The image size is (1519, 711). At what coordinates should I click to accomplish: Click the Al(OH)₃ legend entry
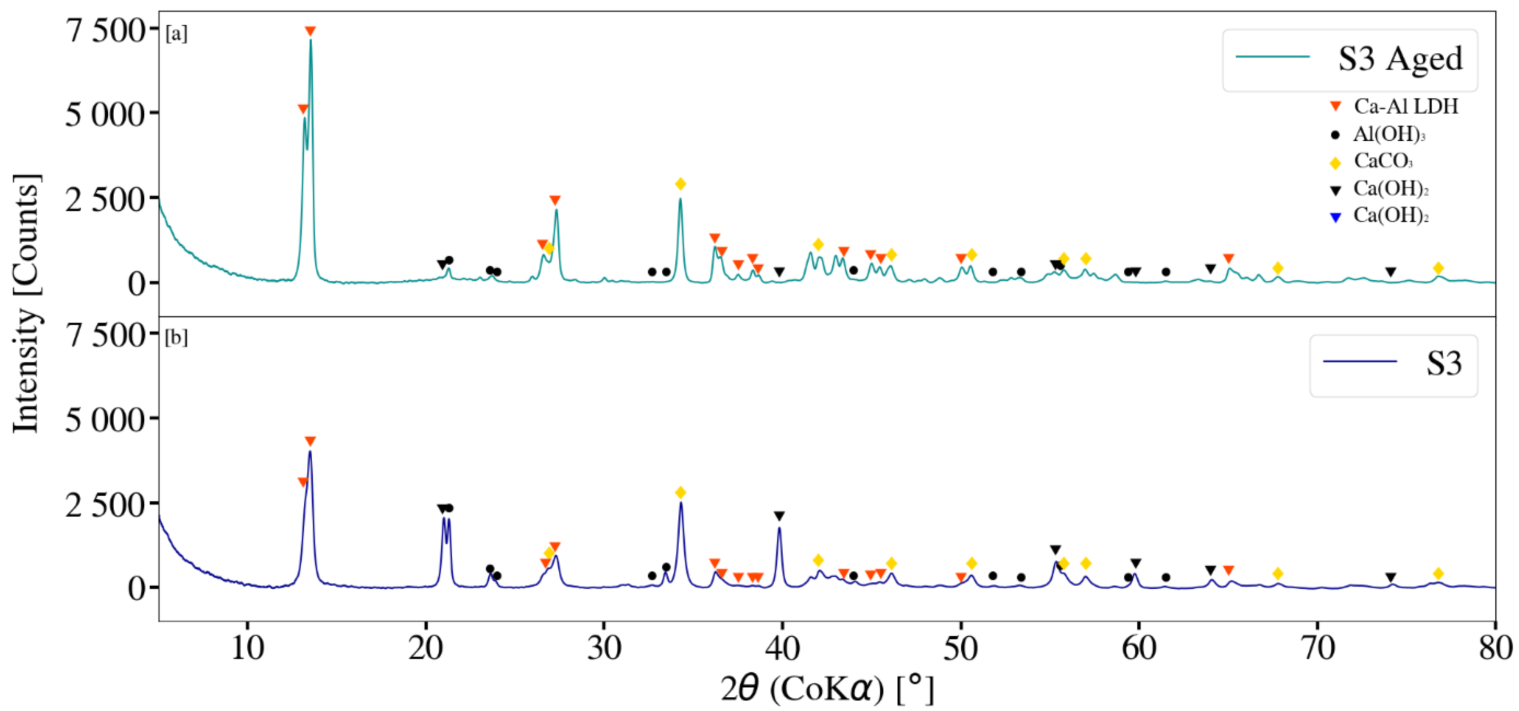coord(1389,135)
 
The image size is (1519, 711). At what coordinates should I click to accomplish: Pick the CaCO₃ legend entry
coord(1383,160)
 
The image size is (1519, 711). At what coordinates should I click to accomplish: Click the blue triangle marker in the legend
coord(1336,217)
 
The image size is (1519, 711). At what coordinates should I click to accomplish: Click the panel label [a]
coord(176,34)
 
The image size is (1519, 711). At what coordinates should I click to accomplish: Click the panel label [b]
coord(176,338)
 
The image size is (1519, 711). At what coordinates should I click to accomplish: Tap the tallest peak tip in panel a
coord(311,40)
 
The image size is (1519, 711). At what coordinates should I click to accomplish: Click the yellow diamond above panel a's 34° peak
coord(681,184)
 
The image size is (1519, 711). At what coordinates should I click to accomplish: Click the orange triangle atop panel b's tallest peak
coord(310,441)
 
